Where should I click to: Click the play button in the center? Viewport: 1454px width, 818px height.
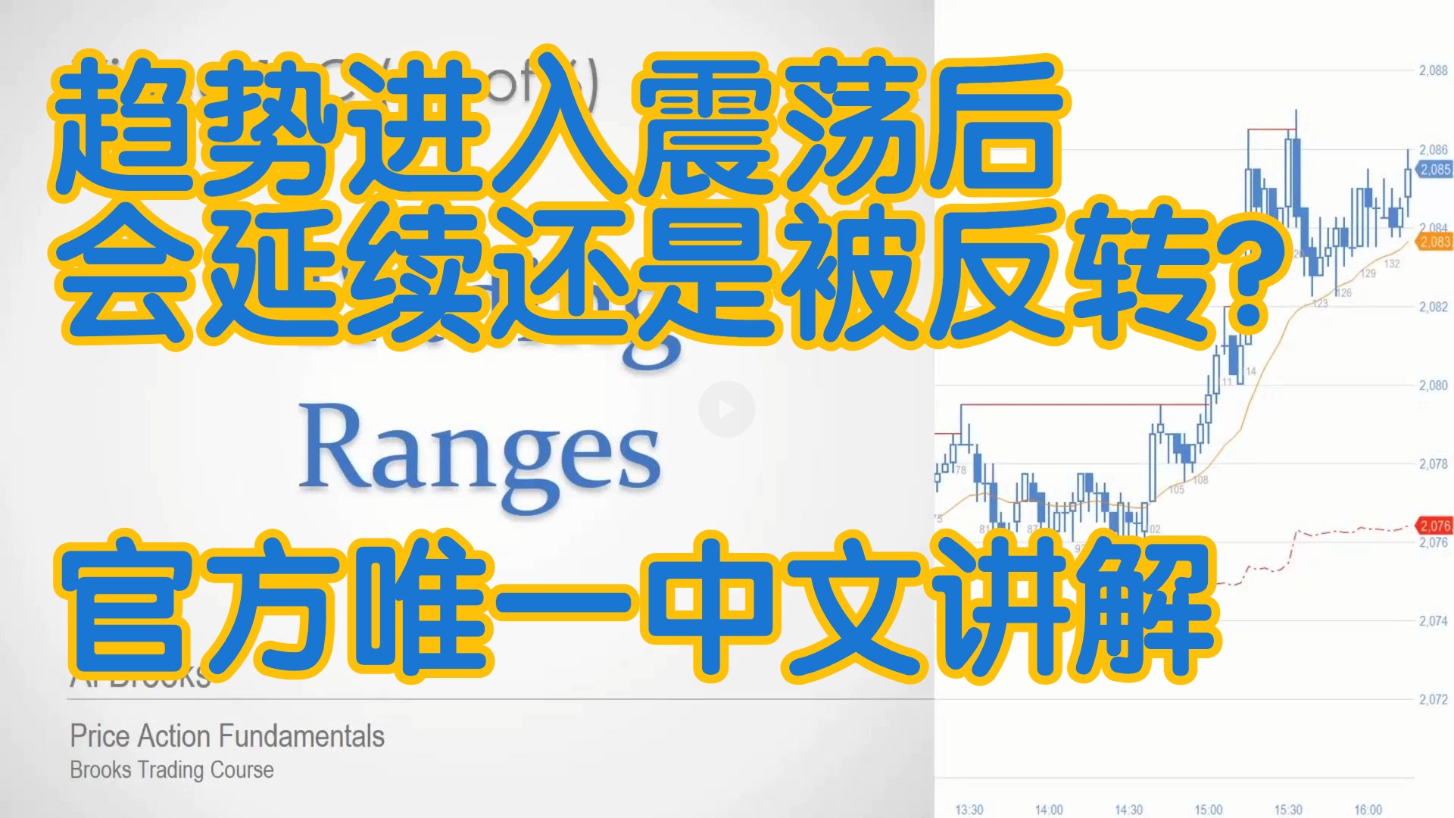point(726,409)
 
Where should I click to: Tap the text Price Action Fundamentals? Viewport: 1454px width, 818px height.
point(227,736)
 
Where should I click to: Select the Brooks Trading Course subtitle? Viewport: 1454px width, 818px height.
point(172,770)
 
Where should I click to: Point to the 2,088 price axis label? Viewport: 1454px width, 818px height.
point(1433,70)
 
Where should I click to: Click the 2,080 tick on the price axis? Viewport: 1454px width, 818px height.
point(1433,386)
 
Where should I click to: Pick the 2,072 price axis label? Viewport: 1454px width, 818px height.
point(1433,699)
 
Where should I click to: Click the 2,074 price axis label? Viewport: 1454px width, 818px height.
point(1433,621)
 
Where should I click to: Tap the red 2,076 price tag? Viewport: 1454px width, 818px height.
point(1434,526)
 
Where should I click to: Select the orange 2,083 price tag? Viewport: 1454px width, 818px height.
point(1434,242)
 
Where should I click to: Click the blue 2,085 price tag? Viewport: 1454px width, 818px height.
point(1434,170)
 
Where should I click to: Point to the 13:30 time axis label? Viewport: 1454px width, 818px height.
point(969,810)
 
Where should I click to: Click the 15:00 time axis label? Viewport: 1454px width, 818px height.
point(1209,810)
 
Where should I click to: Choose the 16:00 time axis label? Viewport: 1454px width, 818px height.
point(1368,810)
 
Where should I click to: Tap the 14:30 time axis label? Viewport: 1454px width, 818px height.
point(1128,810)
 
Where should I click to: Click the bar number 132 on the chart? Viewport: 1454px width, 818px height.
point(1392,264)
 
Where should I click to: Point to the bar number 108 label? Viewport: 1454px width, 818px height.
point(1201,480)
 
